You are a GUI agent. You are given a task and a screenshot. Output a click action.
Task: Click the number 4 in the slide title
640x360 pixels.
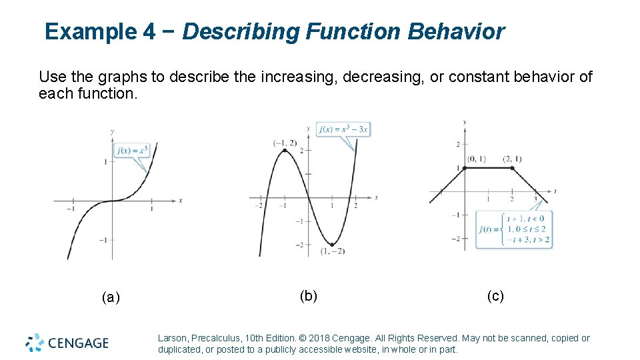149,31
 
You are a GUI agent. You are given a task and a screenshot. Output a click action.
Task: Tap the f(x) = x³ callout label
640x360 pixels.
132,150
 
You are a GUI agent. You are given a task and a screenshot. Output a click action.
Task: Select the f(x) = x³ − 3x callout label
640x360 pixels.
343,129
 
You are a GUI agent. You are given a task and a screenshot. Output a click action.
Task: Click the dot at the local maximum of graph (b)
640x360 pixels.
285,151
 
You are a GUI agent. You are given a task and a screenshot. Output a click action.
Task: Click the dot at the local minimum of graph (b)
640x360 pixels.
332,244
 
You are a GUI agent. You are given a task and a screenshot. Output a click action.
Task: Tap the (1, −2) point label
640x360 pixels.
332,252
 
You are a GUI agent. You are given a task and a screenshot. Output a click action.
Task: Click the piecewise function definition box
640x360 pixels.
514,229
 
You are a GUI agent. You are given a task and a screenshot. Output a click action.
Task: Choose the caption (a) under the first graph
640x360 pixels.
111,297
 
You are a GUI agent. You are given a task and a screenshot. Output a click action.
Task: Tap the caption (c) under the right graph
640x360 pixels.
495,296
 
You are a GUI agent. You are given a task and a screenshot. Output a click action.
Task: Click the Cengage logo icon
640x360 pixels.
35,343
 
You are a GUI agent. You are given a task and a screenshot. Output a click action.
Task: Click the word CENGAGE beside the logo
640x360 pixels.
77,343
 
